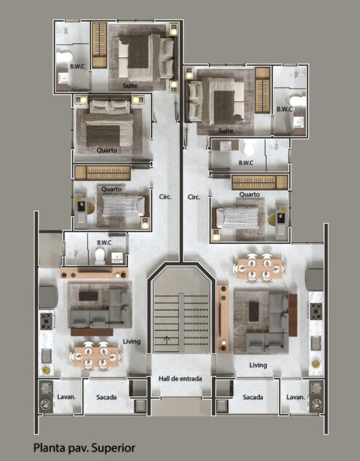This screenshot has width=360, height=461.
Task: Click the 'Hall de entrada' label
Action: pos(180,379)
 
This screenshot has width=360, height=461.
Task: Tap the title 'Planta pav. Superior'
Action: pos(85,448)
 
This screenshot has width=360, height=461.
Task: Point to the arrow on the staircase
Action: pos(167,340)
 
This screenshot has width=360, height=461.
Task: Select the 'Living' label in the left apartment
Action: pos(132,341)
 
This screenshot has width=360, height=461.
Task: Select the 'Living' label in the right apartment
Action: pos(258,365)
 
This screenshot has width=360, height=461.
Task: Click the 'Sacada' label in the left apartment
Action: pos(107,397)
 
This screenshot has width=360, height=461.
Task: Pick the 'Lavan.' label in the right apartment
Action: pos(296,397)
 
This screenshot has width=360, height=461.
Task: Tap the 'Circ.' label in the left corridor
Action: pos(166,197)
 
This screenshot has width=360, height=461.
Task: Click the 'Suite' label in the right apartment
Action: pos(226,131)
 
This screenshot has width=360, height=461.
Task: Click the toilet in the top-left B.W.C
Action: pos(64,57)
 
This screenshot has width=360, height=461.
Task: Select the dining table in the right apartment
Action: pos(259,269)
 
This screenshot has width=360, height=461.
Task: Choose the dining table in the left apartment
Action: pos(96,357)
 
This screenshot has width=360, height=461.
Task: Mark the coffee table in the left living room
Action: pos(88,296)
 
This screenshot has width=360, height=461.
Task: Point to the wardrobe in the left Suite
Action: pos(99,45)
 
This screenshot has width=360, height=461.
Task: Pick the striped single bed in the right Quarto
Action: pos(237,217)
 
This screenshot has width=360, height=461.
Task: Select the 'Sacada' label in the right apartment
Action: pos(253,397)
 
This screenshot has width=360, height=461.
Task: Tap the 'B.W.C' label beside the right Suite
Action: pos(285,109)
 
